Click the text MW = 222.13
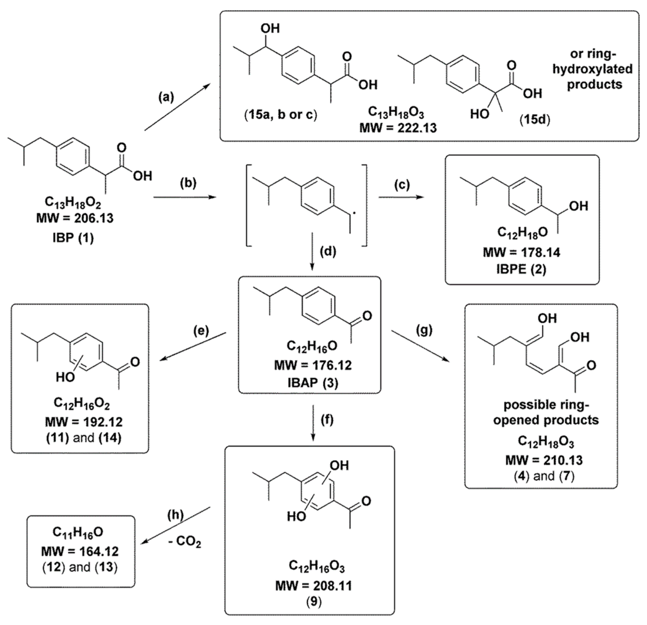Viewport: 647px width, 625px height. coord(398,127)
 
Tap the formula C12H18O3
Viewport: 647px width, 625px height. coord(546,442)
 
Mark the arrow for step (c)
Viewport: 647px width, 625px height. coord(401,197)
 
